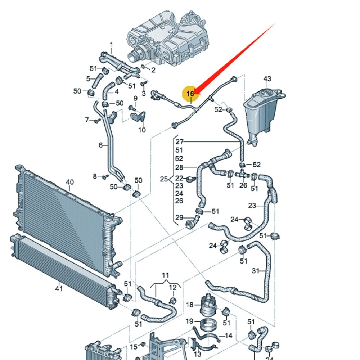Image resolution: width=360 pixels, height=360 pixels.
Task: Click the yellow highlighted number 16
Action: tap(190, 94)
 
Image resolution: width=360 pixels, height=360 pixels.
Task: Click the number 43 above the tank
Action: tap(267, 79)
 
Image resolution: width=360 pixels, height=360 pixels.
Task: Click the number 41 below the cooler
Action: tap(59, 288)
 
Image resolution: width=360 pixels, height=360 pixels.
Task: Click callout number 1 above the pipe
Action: tap(111, 45)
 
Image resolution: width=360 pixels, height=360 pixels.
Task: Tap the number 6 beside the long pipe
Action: tap(101, 145)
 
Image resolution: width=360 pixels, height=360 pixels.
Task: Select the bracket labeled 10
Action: tap(138, 117)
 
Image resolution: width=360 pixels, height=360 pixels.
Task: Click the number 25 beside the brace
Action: tap(164, 179)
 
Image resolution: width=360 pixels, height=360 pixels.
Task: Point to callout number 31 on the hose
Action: tap(256, 270)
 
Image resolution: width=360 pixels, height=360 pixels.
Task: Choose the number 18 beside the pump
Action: tap(190, 305)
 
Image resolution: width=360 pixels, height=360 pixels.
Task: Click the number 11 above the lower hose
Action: tap(165, 276)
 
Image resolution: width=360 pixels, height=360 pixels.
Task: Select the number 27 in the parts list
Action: tap(179, 142)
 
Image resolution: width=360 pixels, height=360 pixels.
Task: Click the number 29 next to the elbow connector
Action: tap(179, 217)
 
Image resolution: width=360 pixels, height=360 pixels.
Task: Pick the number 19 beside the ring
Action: tap(190, 321)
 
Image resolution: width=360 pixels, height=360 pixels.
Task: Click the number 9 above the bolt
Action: tap(135, 98)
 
